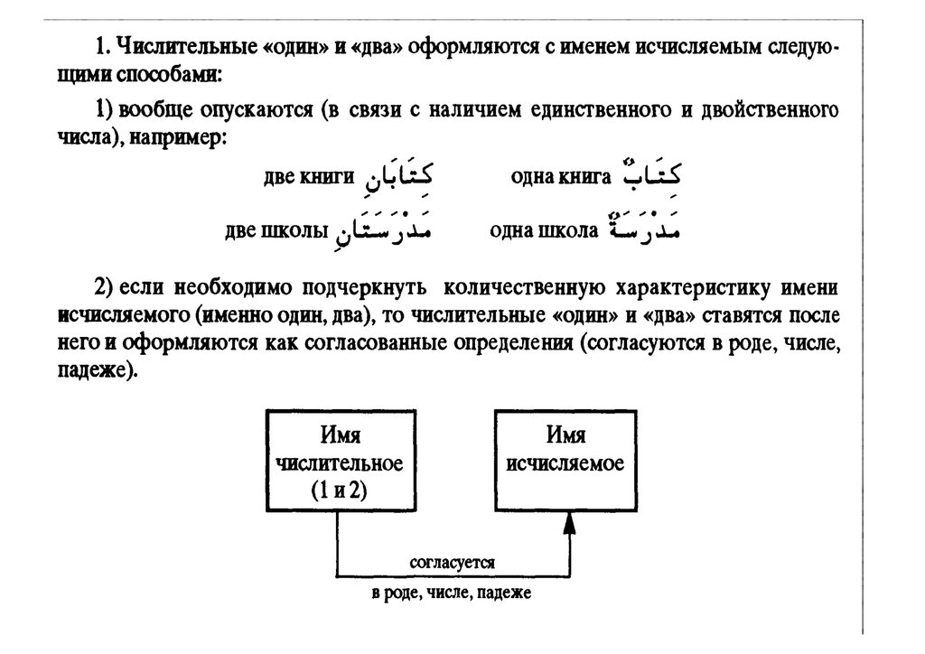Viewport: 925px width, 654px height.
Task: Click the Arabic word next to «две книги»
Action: (398, 175)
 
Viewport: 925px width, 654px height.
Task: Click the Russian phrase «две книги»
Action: (309, 176)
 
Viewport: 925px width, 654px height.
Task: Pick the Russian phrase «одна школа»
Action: (544, 230)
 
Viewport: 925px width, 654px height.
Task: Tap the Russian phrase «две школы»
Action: (276, 230)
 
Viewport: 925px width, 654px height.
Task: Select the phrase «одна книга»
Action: (561, 176)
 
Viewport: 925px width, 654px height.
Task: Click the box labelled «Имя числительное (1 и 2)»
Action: (341, 461)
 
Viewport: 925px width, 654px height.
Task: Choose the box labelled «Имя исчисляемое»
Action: (565, 461)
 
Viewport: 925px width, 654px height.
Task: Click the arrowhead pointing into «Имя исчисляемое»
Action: (569, 523)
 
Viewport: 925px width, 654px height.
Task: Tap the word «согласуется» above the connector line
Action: (453, 563)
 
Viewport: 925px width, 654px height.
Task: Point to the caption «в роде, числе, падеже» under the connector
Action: (452, 593)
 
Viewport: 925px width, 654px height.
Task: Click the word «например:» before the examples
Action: (178, 137)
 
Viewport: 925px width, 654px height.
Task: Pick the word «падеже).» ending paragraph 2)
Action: (98, 370)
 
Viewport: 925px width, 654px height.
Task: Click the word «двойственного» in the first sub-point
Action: (770, 109)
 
